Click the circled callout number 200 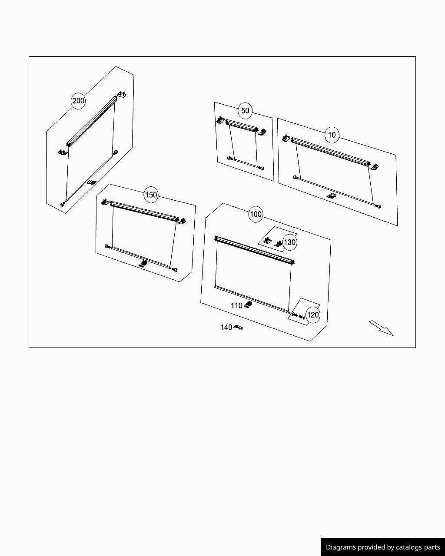click(x=78, y=101)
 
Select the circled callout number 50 click(x=245, y=111)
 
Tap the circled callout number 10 click(x=332, y=135)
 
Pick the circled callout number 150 click(x=151, y=195)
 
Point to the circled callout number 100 click(x=256, y=214)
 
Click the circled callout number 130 click(x=289, y=242)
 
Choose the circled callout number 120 click(x=312, y=315)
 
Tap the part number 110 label click(x=236, y=306)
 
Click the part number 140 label click(x=226, y=328)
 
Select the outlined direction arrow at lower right click(x=381, y=328)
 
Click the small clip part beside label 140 click(x=238, y=328)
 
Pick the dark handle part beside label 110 click(x=248, y=304)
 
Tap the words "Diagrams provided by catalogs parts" click(x=383, y=547)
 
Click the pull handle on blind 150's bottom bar click(x=143, y=263)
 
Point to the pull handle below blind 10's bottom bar click(x=332, y=196)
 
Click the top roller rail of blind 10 click(x=330, y=151)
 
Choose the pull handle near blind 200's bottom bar click(x=91, y=182)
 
